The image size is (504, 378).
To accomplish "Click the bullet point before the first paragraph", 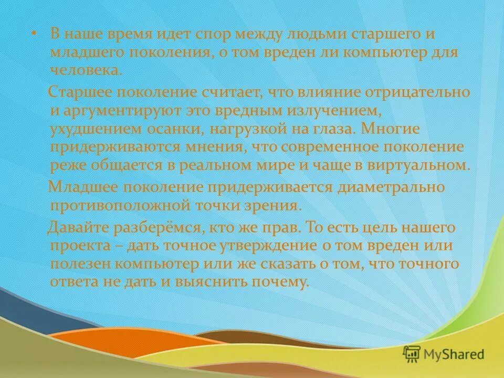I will (x=33, y=34).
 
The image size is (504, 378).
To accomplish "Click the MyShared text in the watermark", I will (x=455, y=354).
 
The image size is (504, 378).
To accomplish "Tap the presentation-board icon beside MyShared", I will (x=413, y=354).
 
